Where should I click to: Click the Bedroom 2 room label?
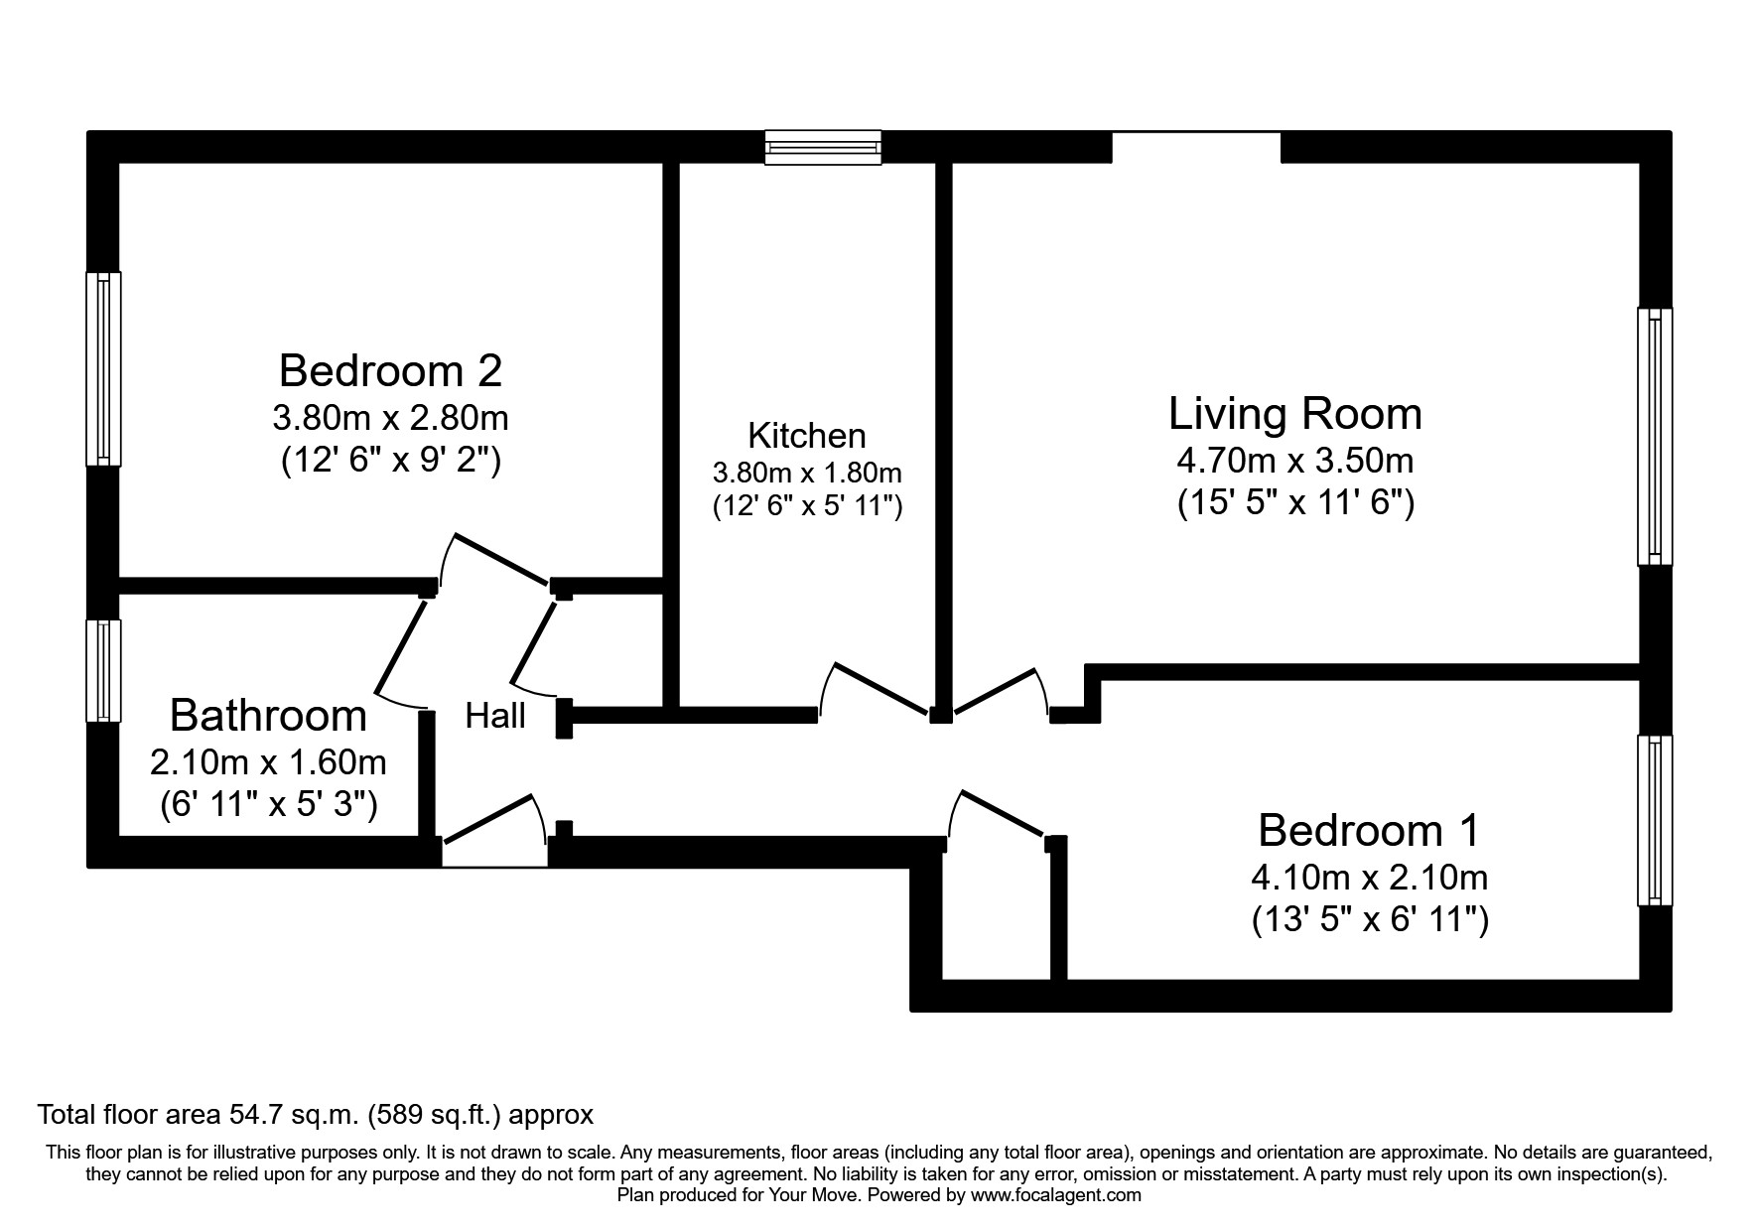coord(390,371)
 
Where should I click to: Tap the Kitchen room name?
coord(806,436)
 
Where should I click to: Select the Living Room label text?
coord(1294,414)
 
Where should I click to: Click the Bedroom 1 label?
coord(1368,830)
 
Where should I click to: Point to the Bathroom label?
coord(268,716)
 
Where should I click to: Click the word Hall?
coord(495,716)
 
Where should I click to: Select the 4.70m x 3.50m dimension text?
coord(1294,461)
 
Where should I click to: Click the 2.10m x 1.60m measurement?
coord(268,762)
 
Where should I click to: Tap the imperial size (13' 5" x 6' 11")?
coord(1369,920)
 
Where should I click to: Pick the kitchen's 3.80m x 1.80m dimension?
coord(806,473)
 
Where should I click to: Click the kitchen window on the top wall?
coord(823,147)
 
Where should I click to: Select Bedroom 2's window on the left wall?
coord(103,368)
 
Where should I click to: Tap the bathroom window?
coord(103,671)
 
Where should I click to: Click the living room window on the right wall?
coord(1654,437)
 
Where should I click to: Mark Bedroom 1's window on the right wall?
coord(1654,820)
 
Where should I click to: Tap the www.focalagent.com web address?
coord(1055,1195)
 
